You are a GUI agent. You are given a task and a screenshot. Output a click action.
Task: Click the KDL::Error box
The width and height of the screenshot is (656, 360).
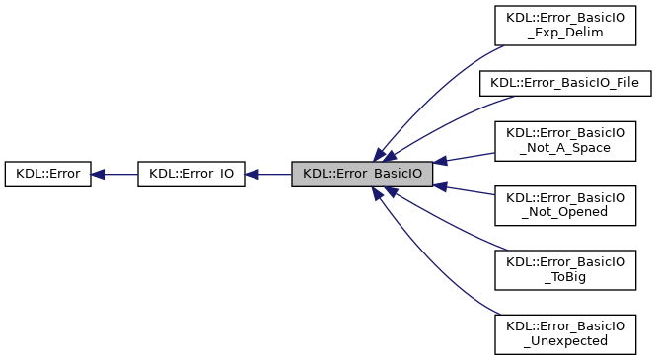[48, 175]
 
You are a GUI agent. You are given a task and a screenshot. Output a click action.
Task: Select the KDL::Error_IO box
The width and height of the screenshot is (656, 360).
[191, 175]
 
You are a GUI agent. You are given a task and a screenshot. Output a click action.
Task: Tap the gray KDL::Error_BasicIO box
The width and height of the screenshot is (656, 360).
[362, 175]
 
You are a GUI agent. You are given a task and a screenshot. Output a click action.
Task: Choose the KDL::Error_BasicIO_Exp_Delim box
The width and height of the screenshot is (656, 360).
[564, 24]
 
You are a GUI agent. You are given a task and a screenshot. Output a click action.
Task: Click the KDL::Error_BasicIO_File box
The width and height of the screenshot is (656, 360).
[564, 83]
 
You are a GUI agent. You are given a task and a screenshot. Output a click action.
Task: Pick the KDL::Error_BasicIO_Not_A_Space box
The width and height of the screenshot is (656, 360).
[564, 139]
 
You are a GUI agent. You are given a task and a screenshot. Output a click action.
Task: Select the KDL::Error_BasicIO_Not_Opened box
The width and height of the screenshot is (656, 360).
[564, 204]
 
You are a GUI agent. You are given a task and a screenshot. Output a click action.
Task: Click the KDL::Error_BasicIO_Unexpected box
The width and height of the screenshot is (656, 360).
[564, 333]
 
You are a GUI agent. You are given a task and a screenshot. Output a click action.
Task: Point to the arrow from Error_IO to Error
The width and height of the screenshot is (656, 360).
[116, 175]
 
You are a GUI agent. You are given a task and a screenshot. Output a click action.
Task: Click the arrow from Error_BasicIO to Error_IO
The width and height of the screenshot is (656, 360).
[271, 175]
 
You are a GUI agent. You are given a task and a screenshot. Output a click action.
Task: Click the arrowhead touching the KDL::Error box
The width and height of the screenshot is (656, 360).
[99, 175]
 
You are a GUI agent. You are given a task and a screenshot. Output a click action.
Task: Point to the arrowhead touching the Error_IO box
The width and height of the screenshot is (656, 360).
[252, 175]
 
